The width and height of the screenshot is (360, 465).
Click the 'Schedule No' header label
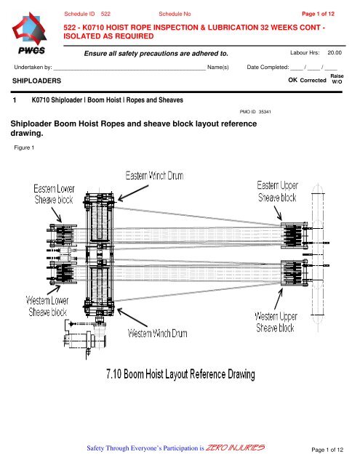coord(175,14)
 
